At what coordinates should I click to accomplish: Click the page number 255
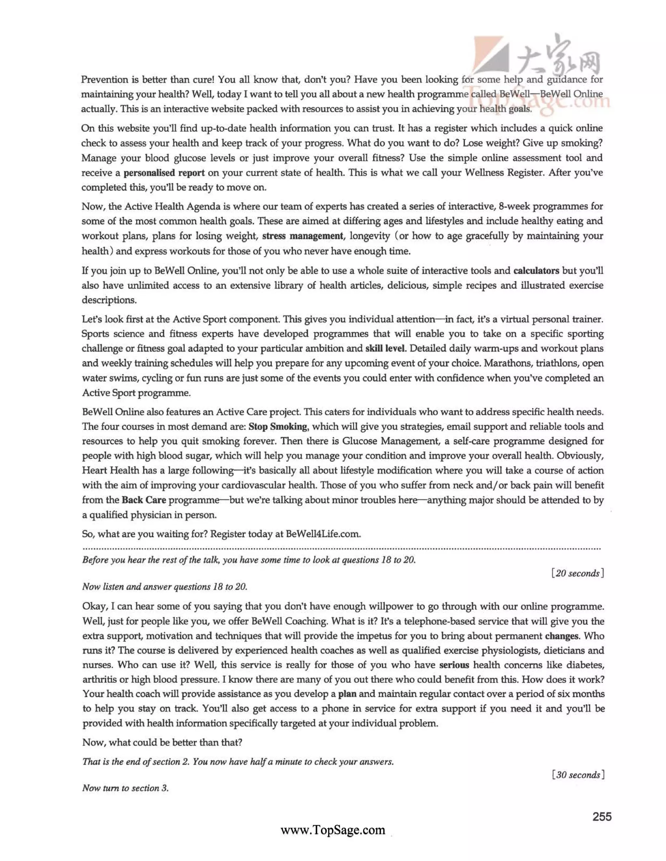coord(602,816)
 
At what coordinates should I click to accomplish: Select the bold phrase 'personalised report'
coord(164,173)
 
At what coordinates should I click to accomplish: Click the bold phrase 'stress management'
coord(303,236)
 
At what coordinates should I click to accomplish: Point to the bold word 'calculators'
coord(536,270)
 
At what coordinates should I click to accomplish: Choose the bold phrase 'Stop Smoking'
coord(278,426)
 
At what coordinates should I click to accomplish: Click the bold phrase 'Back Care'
coord(144,500)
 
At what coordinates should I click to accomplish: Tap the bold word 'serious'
coord(454,665)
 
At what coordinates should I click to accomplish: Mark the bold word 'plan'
coord(347,694)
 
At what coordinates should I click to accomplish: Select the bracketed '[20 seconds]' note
coord(578,573)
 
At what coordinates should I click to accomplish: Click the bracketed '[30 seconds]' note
coord(578,775)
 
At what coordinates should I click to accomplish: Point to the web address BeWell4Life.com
coord(323,534)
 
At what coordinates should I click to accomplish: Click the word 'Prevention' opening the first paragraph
coord(105,80)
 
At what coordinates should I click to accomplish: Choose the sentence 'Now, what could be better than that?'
coord(162,742)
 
